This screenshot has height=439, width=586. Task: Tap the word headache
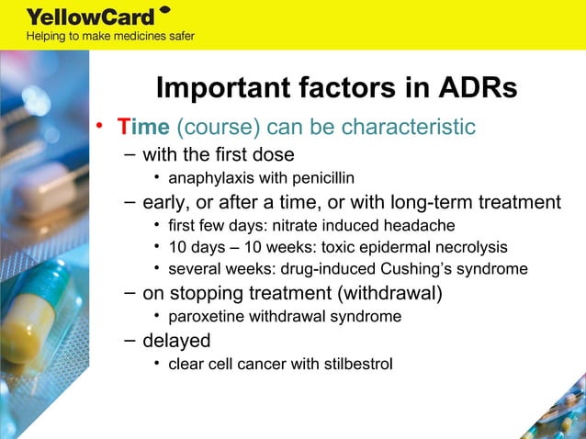(423, 225)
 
